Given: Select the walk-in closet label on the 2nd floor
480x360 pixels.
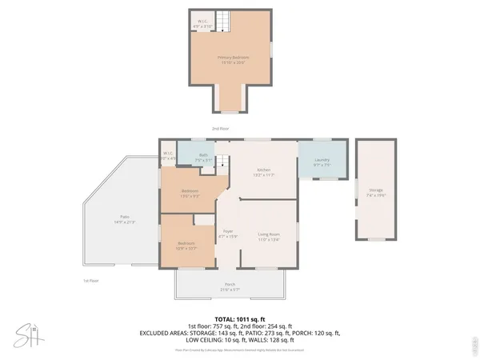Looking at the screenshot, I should point(202,24).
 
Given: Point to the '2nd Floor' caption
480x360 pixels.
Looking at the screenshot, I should point(220,128).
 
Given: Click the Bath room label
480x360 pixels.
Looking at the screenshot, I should point(203,158).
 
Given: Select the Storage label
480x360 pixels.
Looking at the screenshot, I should point(375,192).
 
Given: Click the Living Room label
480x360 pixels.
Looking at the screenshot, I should point(268,236).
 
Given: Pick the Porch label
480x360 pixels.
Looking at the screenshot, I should point(230,286).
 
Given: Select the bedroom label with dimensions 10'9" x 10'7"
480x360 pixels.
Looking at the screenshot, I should point(186,246).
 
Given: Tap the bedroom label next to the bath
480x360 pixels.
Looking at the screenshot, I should point(190,193).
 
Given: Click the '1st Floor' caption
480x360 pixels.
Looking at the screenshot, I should point(90,281).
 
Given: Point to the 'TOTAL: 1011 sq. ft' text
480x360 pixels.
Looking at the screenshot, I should point(239,318).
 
